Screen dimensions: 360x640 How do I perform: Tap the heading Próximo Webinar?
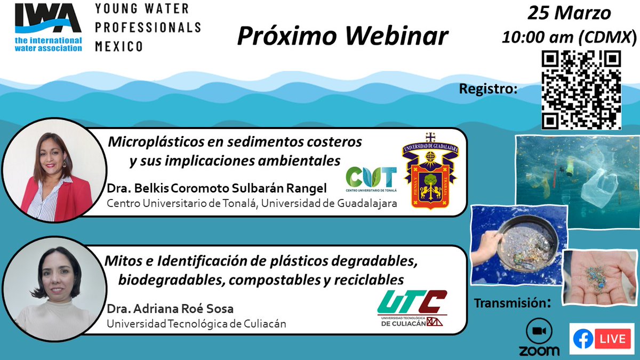click(342, 36)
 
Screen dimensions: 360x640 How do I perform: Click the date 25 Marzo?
click(569, 13)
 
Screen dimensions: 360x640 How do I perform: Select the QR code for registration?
click(581, 90)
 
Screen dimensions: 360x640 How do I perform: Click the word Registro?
click(488, 89)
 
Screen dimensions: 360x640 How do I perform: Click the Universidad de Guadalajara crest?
click(430, 171)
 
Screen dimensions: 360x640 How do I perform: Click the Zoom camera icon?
click(539, 331)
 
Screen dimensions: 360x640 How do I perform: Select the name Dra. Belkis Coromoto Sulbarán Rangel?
click(218, 189)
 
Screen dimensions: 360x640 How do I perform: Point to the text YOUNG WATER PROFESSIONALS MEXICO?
click(147, 27)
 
